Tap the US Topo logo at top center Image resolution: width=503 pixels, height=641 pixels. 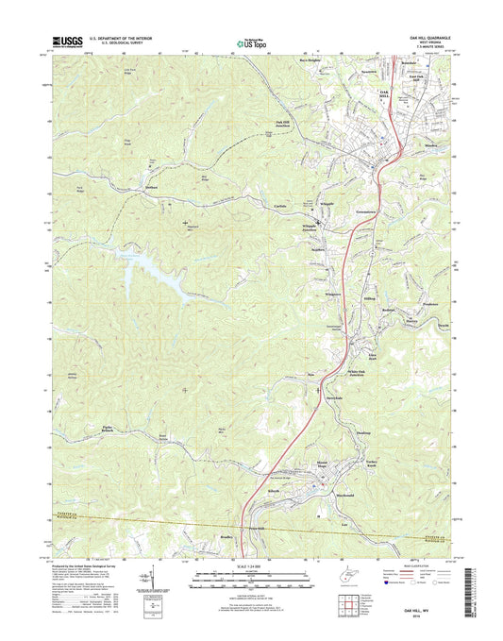point(250,42)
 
